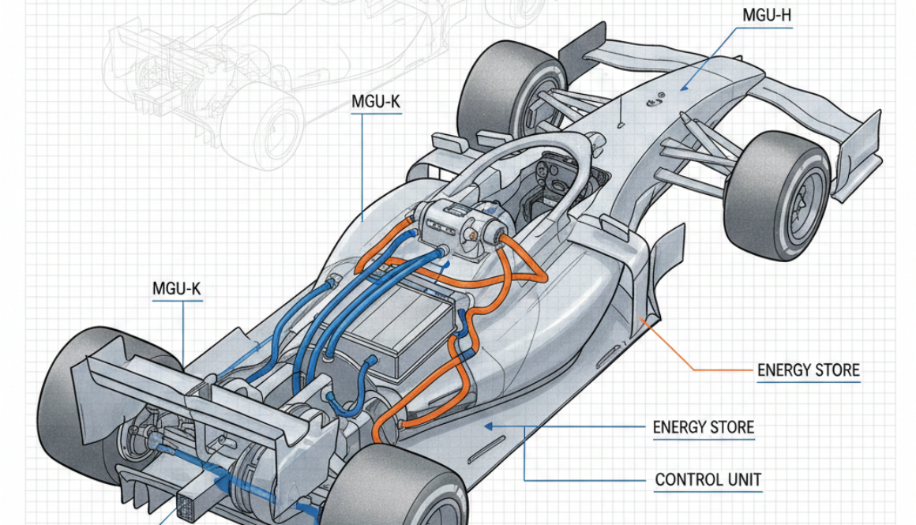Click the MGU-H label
click(x=766, y=15)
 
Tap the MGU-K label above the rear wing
click(x=176, y=289)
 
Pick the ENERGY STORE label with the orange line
click(x=808, y=370)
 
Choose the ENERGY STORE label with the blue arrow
click(x=703, y=428)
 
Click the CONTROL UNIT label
click(x=708, y=479)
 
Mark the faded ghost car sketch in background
click(x=237, y=79)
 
